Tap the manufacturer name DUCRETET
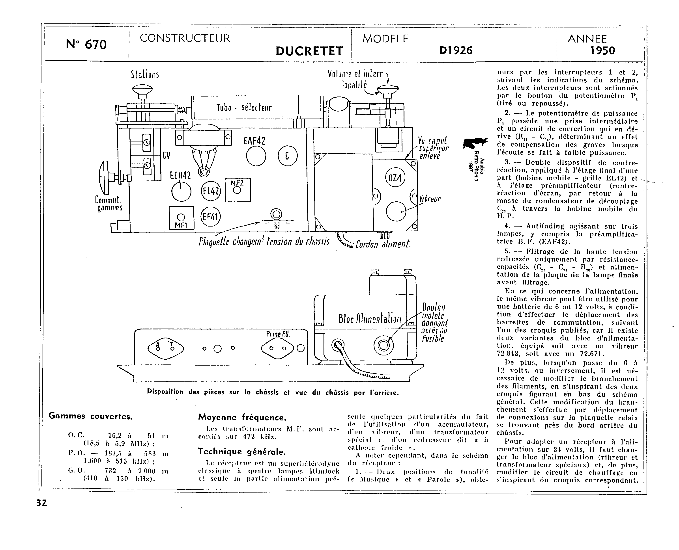point(309,51)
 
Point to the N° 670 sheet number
point(86,44)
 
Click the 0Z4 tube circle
point(395,178)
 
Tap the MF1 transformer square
point(181,218)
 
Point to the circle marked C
point(288,156)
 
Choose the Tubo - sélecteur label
point(244,108)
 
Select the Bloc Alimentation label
point(370,318)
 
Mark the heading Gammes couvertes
point(91,416)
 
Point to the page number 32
point(41,503)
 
